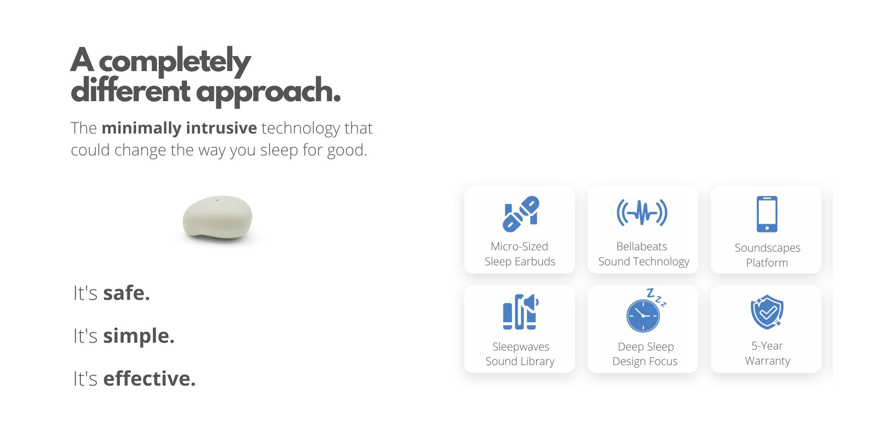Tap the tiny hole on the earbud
[x=217, y=200]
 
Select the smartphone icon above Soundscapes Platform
[x=767, y=214]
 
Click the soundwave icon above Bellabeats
[x=642, y=212]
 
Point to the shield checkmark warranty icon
[x=767, y=312]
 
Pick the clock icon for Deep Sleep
[x=643, y=315]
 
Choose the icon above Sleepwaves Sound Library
[x=520, y=312]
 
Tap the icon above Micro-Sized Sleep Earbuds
[x=521, y=214]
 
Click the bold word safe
[x=126, y=293]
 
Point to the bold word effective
[x=149, y=379]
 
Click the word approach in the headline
[x=268, y=92]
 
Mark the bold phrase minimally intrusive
[x=179, y=128]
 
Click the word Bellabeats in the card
[x=641, y=247]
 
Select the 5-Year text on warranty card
[x=767, y=346]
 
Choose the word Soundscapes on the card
[x=767, y=248]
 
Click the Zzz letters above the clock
[x=656, y=297]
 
